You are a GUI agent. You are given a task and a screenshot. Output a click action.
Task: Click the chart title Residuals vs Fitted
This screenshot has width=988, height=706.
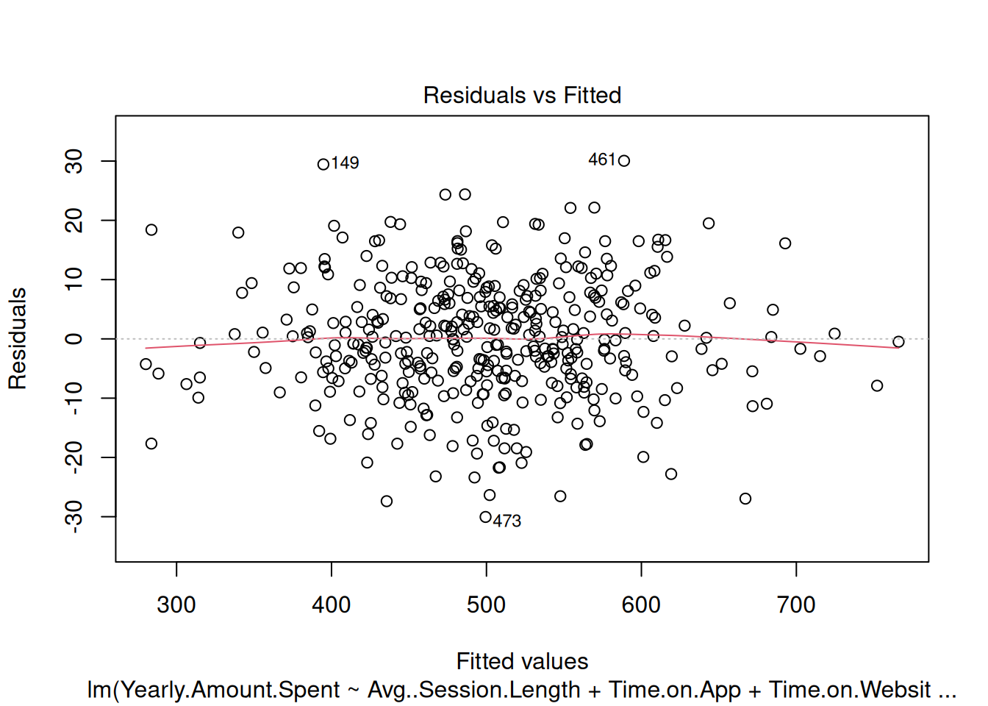click(522, 95)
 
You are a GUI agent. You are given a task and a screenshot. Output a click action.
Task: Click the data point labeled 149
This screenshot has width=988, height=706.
click(323, 164)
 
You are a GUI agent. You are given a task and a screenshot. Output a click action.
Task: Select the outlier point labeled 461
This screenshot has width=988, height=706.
click(624, 161)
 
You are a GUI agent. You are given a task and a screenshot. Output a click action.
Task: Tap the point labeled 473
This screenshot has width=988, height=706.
click(485, 517)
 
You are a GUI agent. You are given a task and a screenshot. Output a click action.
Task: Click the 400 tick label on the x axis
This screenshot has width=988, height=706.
click(332, 605)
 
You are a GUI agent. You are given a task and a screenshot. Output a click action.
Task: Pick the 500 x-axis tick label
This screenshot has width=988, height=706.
click(486, 605)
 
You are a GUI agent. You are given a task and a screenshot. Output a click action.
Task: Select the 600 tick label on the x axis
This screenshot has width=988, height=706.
click(641, 605)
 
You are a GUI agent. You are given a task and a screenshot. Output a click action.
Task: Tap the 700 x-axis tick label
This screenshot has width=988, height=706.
click(796, 605)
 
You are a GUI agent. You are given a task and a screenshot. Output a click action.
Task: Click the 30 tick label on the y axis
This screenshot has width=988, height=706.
click(74, 161)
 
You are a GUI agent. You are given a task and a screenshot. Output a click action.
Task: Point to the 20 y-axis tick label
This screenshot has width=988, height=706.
click(74, 220)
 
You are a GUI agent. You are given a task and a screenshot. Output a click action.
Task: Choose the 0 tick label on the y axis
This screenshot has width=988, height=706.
click(74, 338)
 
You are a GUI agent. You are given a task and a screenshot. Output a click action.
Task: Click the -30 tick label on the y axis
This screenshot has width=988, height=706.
click(74, 517)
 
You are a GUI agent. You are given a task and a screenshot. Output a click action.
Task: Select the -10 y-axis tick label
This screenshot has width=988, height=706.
click(74, 398)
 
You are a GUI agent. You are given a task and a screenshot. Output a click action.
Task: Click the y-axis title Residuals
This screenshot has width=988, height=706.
click(18, 338)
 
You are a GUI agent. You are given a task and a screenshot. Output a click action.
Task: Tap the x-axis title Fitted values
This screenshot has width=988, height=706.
click(522, 661)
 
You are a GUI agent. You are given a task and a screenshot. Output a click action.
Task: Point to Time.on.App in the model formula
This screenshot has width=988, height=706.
click(675, 690)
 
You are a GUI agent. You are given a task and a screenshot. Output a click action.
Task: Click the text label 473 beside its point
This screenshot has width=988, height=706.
click(507, 521)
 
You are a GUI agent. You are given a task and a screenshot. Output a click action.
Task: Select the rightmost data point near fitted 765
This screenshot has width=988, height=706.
click(898, 342)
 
